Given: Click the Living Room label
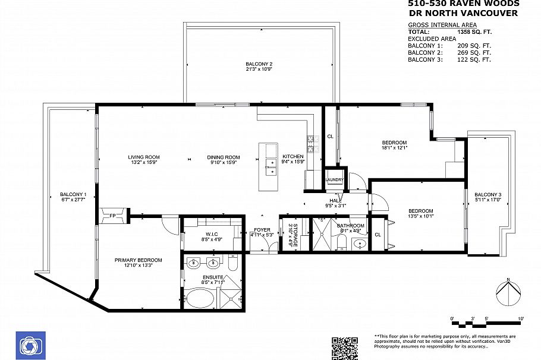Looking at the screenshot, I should point(144,157).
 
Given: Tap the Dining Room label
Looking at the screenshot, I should point(223,157).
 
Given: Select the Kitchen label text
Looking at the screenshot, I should point(292,156).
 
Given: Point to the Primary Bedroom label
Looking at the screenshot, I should point(138,260).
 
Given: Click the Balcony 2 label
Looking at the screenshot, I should point(259,64).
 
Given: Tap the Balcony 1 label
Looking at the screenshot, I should point(73,194).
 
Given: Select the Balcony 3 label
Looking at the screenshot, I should point(487,195).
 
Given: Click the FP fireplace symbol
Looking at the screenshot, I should point(113,216).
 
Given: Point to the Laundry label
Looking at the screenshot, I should point(334,179).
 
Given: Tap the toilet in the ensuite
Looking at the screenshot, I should point(232,262).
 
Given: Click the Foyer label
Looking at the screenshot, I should point(262,230).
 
